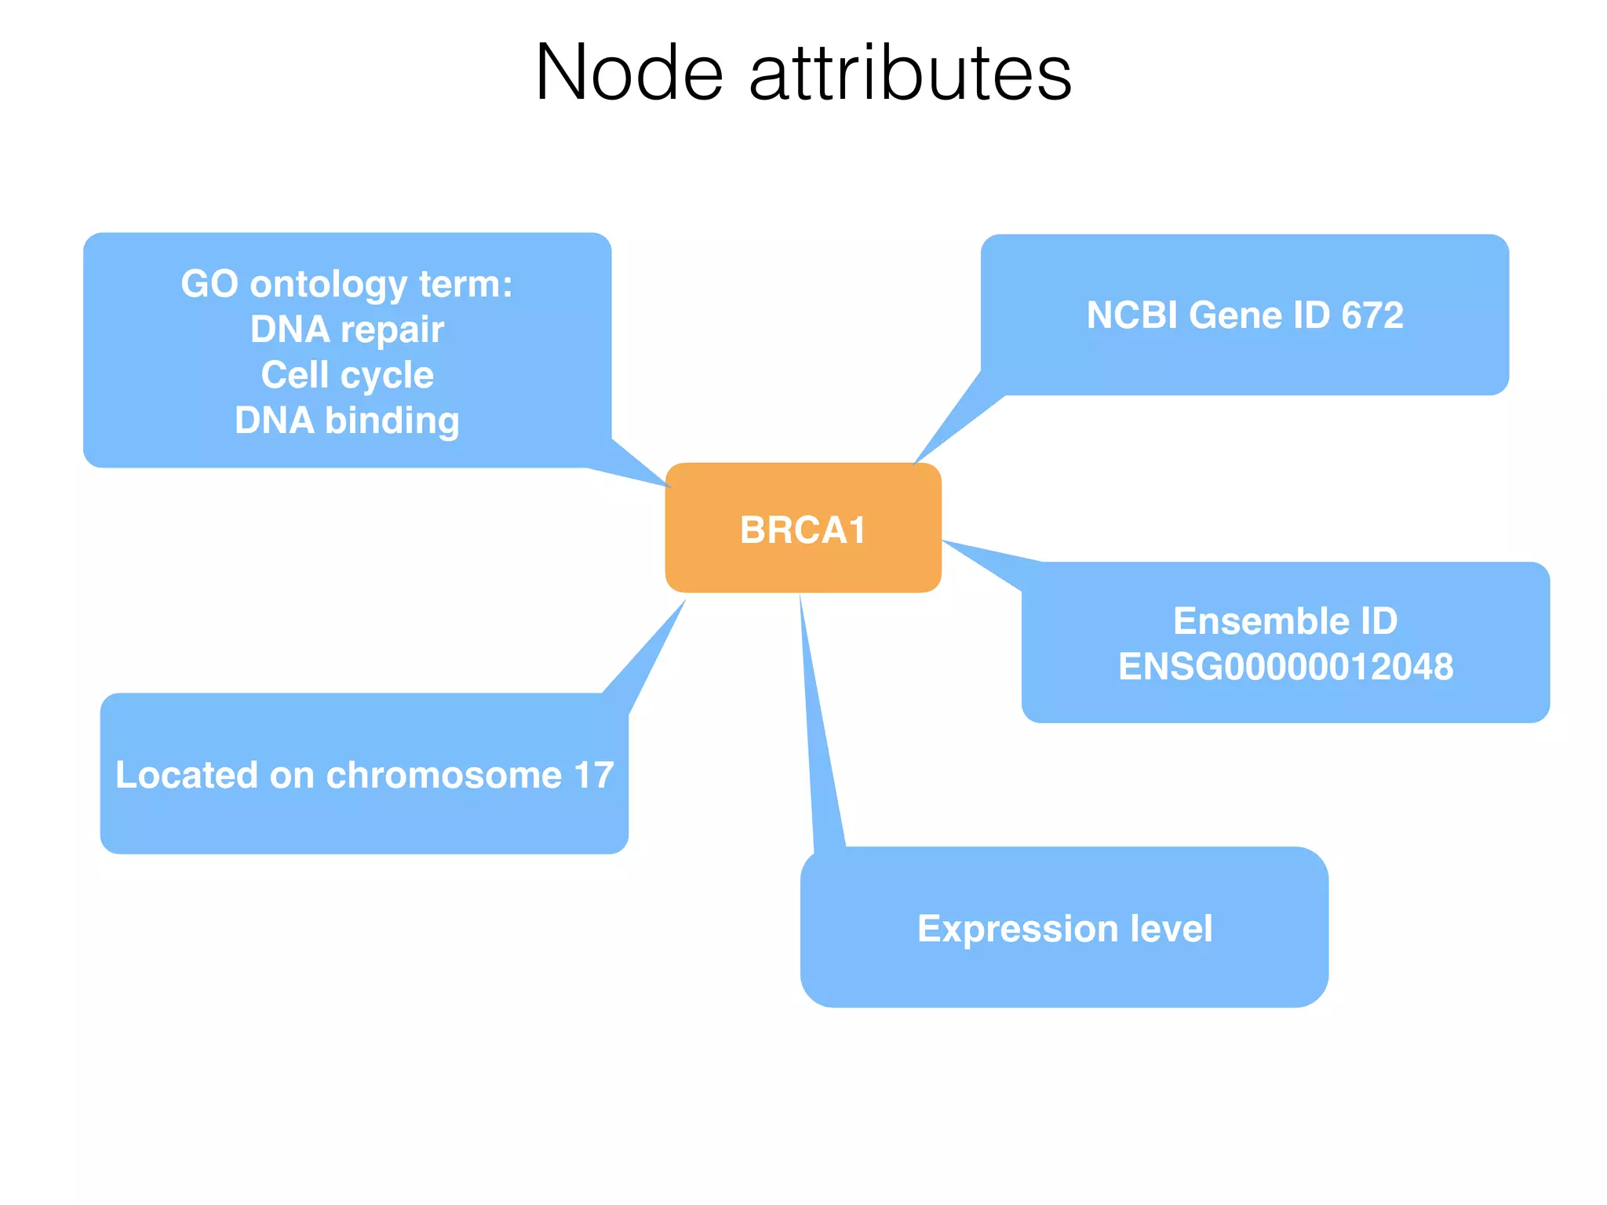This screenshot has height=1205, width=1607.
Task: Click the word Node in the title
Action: pos(629,73)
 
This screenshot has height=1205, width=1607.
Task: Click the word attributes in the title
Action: pos(910,73)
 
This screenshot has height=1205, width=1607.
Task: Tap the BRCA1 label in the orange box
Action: pos(803,530)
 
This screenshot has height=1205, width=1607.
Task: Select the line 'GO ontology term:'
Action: pos(347,284)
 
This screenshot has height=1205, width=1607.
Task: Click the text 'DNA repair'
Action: pos(347,329)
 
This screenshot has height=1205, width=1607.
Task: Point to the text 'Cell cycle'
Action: pos(347,375)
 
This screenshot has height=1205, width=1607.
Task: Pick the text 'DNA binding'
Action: pos(347,420)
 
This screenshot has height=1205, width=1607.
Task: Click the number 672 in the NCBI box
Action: pos(1372,315)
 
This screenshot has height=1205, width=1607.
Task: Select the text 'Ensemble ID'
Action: pos(1285,621)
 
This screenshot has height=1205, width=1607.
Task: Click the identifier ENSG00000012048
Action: pos(1285,667)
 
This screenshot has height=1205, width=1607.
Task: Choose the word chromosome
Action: pos(444,775)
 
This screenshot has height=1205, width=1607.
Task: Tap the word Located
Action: pos(187,775)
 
